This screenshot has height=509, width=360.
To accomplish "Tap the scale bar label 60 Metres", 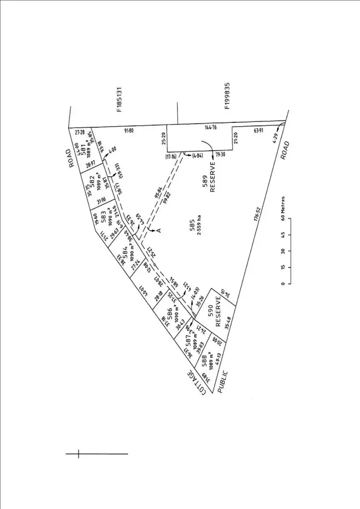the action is pyautogui.click(x=284, y=207).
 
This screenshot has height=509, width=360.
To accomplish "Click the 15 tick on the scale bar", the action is pyautogui.click(x=284, y=267).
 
